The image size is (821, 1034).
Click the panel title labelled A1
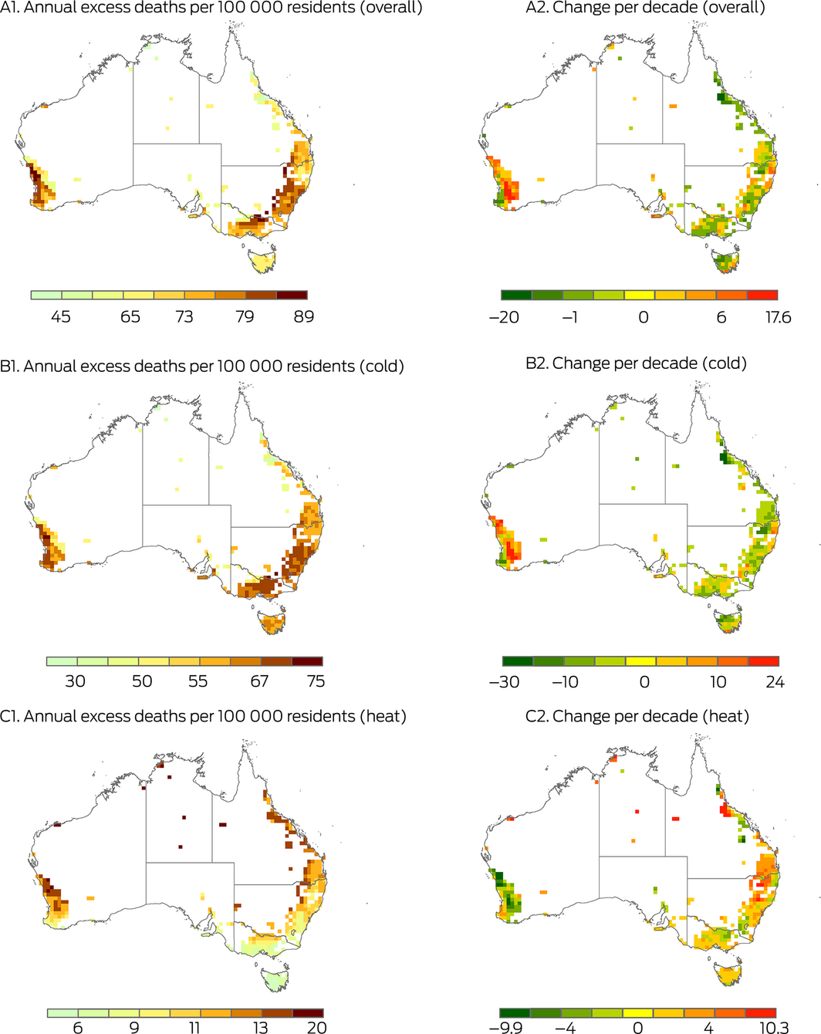[x=211, y=8]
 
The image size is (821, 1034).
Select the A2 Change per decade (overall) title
[x=645, y=8]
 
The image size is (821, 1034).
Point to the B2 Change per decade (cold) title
[x=636, y=363]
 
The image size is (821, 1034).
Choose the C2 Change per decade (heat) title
[x=637, y=716]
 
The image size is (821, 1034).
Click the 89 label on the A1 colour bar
[x=303, y=316]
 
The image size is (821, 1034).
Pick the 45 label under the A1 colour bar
[x=61, y=316]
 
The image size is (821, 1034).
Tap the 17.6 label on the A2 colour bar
[x=778, y=317]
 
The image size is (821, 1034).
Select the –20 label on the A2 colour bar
[x=504, y=317]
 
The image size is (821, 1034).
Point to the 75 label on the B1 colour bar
[x=316, y=681]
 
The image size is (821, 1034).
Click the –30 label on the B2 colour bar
[x=504, y=682]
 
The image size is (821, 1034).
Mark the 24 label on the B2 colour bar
[x=775, y=682]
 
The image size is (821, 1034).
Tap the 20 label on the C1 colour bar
[x=316, y=1028]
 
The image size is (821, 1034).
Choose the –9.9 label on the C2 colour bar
[x=505, y=1028]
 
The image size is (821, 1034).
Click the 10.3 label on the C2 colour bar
[x=773, y=1028]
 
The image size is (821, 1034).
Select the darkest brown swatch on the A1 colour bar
[x=292, y=295]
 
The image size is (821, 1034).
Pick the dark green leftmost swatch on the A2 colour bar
[x=516, y=295]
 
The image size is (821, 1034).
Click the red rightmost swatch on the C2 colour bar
[x=761, y=1012]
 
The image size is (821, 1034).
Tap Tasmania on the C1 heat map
[x=277, y=978]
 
